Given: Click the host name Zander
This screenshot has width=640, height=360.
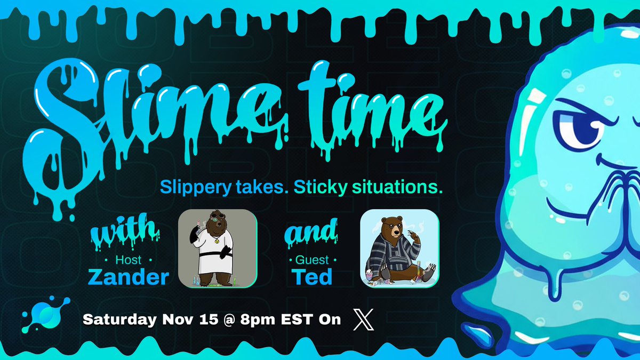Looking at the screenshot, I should pyautogui.click(x=129, y=277).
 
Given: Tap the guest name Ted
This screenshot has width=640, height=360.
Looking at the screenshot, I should pyautogui.click(x=312, y=277).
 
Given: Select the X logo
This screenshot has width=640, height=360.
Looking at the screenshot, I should pyautogui.click(x=364, y=319).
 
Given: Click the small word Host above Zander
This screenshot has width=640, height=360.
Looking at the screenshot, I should pyautogui.click(x=129, y=260).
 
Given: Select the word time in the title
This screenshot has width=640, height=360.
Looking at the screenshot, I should pyautogui.click(x=373, y=109).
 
